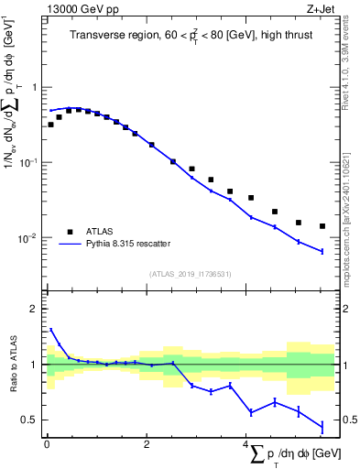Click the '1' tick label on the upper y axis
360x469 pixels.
click(x=34, y=88)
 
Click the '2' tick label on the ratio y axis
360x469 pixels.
click(x=34, y=309)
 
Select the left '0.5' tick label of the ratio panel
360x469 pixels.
click(x=30, y=420)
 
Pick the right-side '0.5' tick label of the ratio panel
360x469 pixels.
click(x=348, y=420)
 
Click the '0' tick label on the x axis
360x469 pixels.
click(x=47, y=444)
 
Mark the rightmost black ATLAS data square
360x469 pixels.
click(x=322, y=226)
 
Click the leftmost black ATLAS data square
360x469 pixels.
click(x=50, y=125)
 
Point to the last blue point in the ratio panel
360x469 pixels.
click(x=322, y=426)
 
